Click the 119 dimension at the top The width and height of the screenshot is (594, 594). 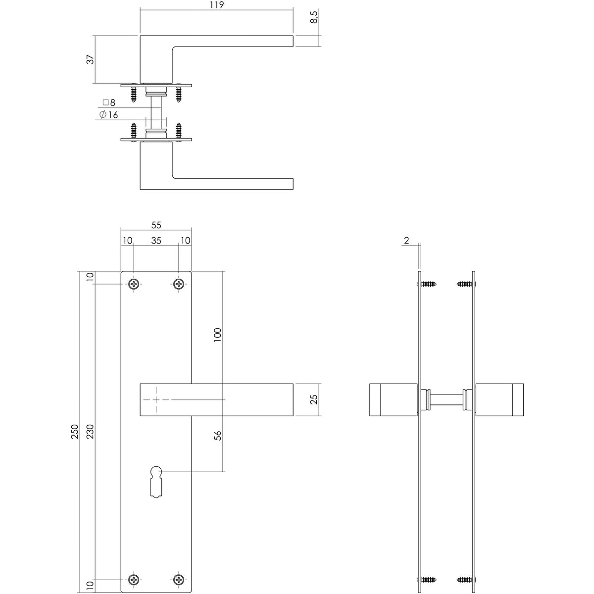point(217,5)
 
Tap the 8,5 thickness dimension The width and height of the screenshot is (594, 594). point(314,17)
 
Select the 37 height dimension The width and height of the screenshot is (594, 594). point(90,59)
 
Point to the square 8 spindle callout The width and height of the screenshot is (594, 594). point(109,102)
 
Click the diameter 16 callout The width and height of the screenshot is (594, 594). point(108,115)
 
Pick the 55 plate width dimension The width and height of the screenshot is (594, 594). point(156,225)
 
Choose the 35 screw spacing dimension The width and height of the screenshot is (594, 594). point(156,241)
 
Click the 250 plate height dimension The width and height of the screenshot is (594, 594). point(75,432)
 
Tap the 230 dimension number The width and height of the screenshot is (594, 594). point(90,432)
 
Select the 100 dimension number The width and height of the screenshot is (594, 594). point(218,335)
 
